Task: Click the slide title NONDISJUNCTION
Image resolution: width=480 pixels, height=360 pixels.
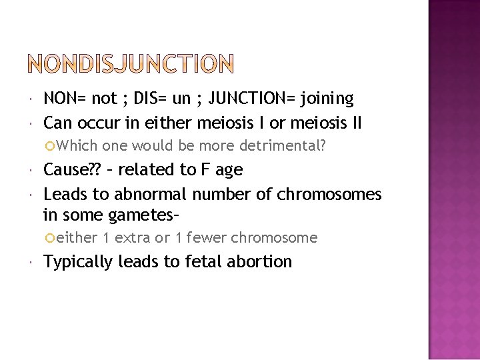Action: tap(131, 64)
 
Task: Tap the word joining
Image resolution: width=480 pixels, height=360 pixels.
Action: tap(327, 99)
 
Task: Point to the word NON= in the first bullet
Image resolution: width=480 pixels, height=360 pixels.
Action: tap(65, 99)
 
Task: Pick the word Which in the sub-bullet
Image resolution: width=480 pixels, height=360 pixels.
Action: tap(77, 145)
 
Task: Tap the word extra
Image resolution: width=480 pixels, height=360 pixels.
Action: tap(132, 237)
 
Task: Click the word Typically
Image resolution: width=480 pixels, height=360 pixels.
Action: tap(78, 262)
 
